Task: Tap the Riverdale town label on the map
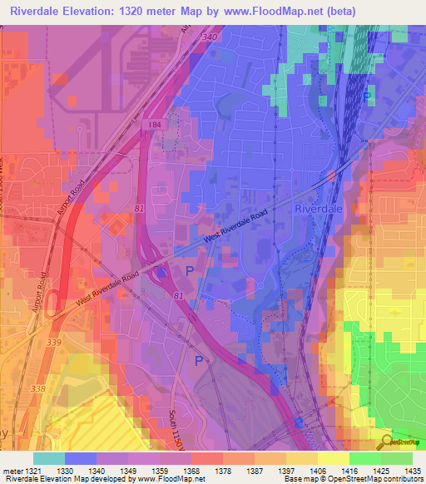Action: click(320, 210)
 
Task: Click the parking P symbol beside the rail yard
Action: click(368, 97)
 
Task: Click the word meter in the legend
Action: click(12, 471)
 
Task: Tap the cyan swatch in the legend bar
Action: click(48, 458)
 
